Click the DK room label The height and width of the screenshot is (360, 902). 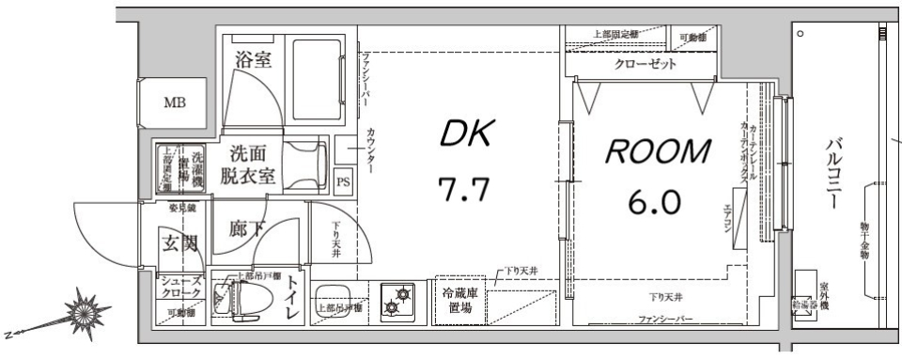tap(465, 137)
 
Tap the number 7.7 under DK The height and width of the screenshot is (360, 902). tap(465, 190)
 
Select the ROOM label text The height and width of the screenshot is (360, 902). tap(657, 150)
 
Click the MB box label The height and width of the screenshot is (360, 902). tap(175, 102)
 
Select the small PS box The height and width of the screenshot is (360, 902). tap(343, 181)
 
